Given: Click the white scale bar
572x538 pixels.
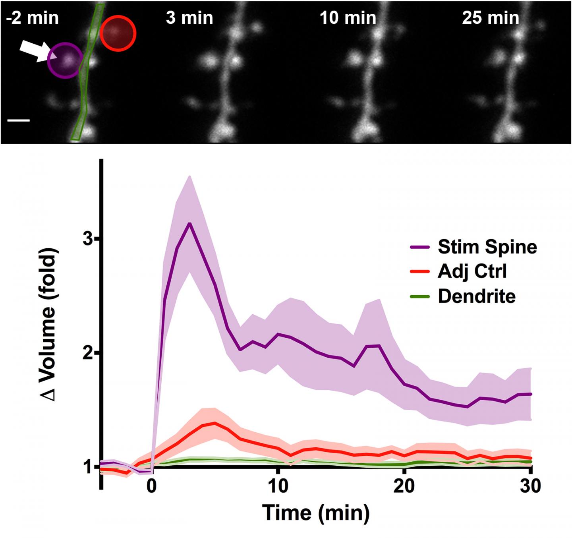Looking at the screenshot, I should tap(19, 120).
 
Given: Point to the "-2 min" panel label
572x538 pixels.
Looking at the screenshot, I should tap(33, 18).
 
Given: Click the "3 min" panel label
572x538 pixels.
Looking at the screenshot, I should tap(189, 18).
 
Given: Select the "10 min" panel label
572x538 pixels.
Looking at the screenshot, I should tap(348, 18).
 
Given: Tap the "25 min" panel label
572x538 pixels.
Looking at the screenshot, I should tap(491, 18).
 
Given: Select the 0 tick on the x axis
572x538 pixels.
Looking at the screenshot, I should tap(152, 486).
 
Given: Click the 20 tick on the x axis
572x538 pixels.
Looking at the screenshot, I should tap(404, 486).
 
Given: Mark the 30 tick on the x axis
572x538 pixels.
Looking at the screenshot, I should tap(530, 486).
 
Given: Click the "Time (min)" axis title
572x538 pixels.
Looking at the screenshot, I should tap(316, 513).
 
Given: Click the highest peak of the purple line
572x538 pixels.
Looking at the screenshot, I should tap(190, 223).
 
